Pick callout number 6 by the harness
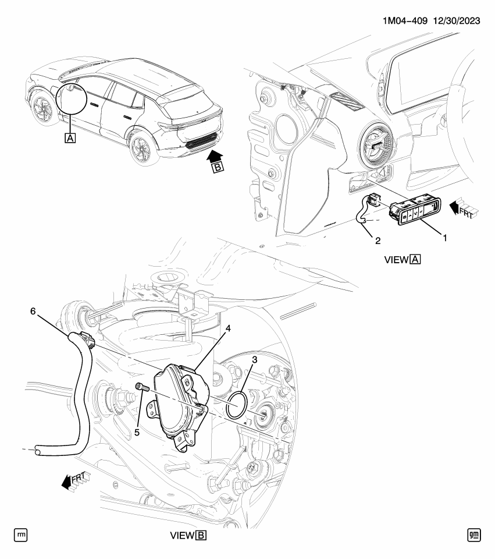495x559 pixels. coord(33,312)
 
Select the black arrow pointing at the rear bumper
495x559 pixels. coord(214,154)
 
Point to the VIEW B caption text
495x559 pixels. coord(187,535)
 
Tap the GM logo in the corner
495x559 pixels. coord(475,535)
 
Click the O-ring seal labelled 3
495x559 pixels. coord(236,405)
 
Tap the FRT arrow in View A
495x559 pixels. coord(463,208)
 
